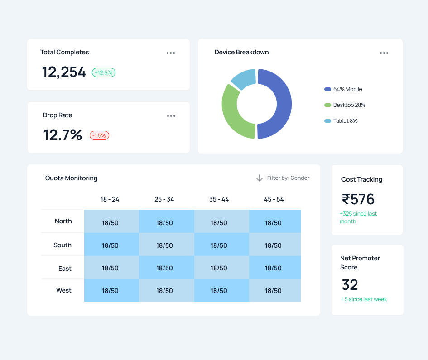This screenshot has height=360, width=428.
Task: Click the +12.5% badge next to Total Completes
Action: point(104,72)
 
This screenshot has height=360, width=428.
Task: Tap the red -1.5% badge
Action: point(99,135)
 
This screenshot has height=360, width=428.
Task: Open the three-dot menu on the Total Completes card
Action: point(171,53)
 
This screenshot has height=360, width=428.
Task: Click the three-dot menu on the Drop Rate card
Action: point(171,116)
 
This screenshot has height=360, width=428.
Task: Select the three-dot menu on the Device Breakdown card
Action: point(384,53)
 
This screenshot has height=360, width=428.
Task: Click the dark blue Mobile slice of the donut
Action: point(284,104)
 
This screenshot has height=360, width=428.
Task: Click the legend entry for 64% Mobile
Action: point(343,89)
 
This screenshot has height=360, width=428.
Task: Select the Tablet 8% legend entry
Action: point(341,121)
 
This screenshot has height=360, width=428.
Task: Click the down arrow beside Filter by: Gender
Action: point(260,178)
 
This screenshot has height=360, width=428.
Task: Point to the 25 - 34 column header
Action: point(164,200)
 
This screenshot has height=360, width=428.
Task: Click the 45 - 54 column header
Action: point(274,200)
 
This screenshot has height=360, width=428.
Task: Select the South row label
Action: point(63,245)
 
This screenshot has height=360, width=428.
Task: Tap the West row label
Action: point(63,290)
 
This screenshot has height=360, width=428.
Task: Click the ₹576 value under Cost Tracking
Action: point(358,199)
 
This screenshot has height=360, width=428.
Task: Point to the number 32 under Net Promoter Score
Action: point(350,285)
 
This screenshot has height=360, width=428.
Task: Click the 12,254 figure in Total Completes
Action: point(63,72)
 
